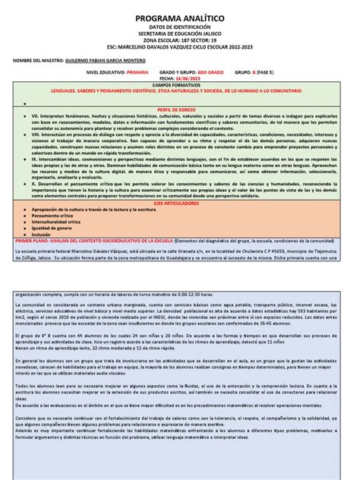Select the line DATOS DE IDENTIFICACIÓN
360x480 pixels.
pyautogui.click(x=181, y=24)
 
